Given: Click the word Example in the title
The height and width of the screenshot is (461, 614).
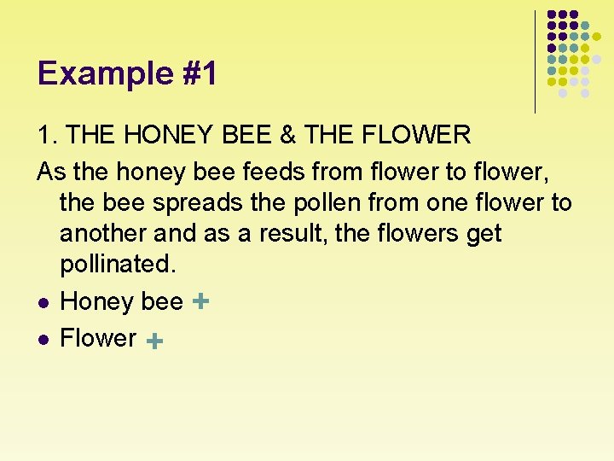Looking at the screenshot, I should pyautogui.click(x=93, y=73).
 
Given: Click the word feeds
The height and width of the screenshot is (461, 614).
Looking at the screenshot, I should pyautogui.click(x=275, y=172).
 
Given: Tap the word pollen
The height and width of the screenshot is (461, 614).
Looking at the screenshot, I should pyautogui.click(x=292, y=203).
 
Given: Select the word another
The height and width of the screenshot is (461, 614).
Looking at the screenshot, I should pyautogui.click(x=103, y=234).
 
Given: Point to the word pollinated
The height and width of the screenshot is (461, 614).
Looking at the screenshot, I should pyautogui.click(x=117, y=265).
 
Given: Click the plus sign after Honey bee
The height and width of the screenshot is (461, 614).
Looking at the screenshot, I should pyautogui.click(x=201, y=301).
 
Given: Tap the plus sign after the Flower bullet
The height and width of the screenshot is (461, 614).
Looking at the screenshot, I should pyautogui.click(x=154, y=341).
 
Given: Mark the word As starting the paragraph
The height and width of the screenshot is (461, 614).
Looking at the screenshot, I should pyautogui.click(x=51, y=172).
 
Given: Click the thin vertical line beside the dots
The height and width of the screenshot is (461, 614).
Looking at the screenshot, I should pyautogui.click(x=536, y=61).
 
